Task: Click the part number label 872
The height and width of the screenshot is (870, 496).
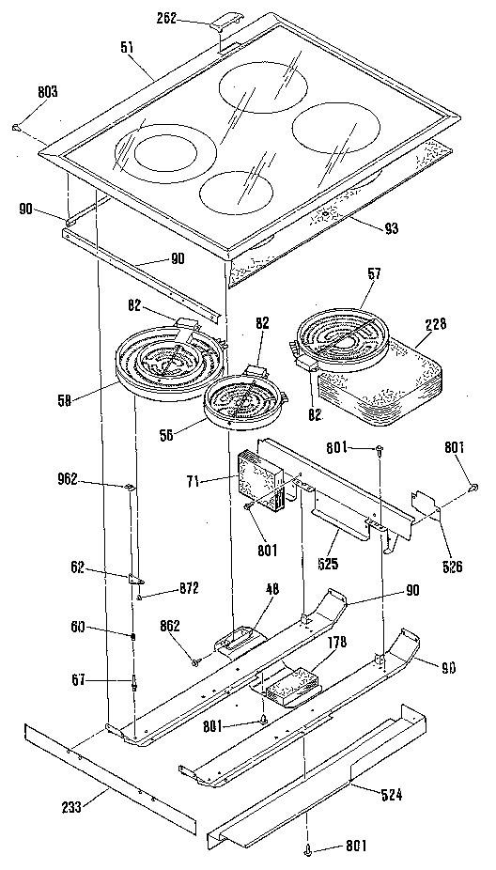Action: coord(163,589)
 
